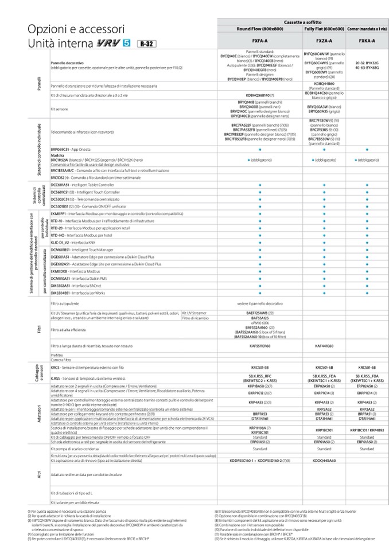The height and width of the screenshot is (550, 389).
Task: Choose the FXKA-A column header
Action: pos(367,41)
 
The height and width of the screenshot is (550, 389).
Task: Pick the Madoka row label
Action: pos(57,155)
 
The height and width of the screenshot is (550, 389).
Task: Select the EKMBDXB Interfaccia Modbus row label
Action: pos(71,271)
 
